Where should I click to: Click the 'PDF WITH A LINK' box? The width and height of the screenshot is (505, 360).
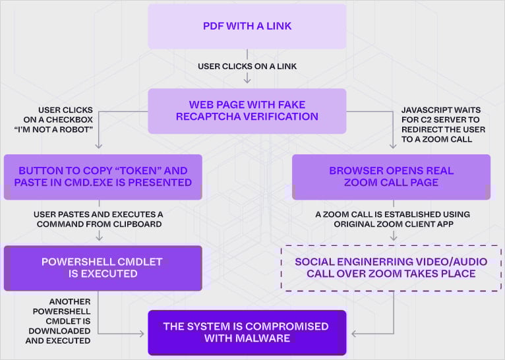(247, 26)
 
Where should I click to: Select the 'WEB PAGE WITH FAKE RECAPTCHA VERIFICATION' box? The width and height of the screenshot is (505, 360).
(247, 111)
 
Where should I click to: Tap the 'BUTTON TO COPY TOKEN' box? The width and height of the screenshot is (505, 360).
(102, 177)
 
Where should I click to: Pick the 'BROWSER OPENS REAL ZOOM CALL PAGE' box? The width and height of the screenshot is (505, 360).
(391, 177)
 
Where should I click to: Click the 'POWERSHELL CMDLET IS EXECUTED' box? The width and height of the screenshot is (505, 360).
(102, 268)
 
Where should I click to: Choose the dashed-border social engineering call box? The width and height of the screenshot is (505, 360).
(391, 268)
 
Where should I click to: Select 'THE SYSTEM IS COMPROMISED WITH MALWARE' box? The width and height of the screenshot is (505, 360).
(247, 332)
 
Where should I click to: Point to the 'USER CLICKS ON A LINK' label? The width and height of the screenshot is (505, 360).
(247, 66)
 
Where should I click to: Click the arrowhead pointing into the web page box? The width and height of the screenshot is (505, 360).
(247, 80)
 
